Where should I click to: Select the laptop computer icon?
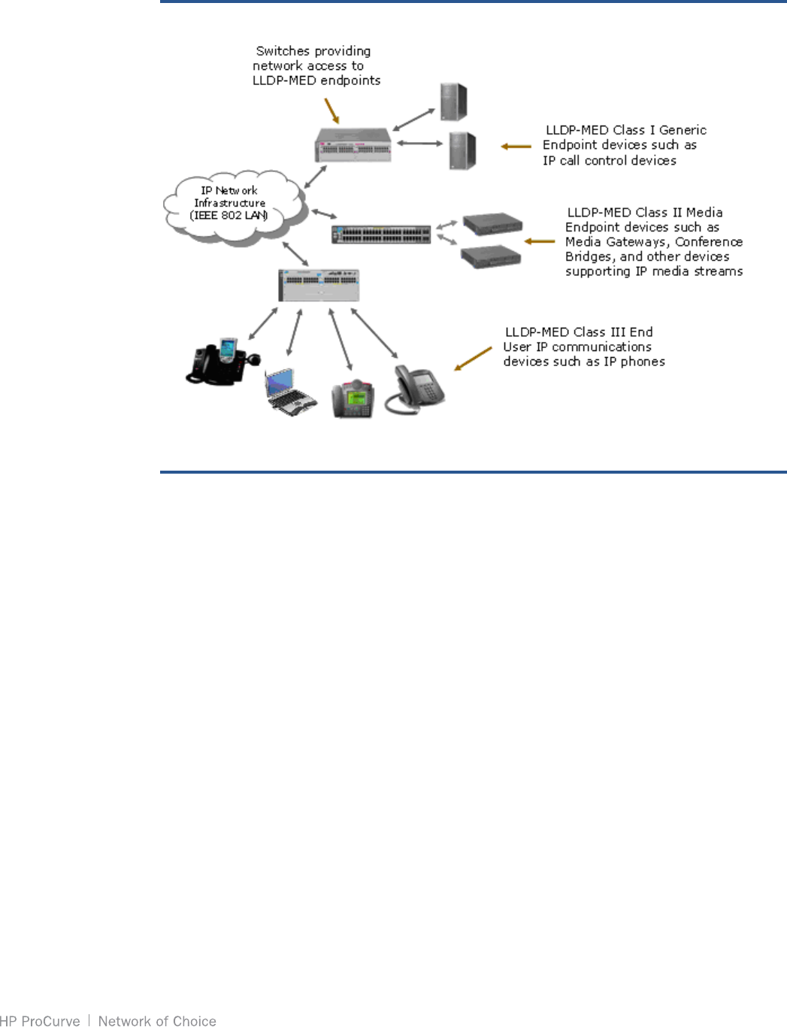pos(289,390)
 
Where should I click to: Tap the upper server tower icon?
pos(453,101)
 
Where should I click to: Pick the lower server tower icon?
pos(462,150)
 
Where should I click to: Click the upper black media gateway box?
pos(492,223)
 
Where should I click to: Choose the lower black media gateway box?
pos(490,256)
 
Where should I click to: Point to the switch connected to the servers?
pos(353,145)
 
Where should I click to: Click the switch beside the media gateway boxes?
pos(381,234)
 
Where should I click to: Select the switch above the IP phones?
pos(319,285)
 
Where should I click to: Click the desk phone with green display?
pos(353,399)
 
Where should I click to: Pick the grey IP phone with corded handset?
pos(416,389)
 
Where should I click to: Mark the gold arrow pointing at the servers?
pos(516,146)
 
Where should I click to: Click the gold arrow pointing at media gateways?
pos(539,241)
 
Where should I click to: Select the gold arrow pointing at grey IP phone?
pos(473,359)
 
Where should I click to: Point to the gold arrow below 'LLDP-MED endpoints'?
pos(331,110)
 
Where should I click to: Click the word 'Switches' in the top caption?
pos(283,51)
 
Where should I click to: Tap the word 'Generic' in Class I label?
pos(683,130)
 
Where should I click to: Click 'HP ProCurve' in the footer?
pos(40,1020)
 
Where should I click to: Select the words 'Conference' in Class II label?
pos(708,241)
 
